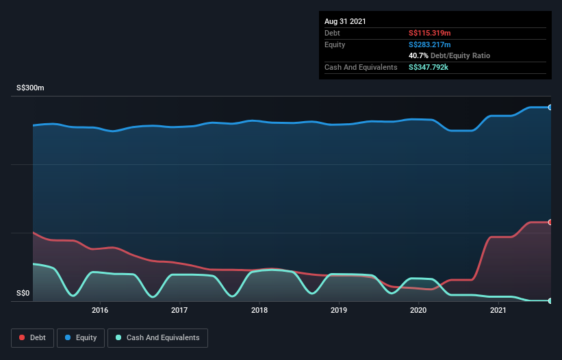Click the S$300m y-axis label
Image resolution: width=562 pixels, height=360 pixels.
tap(30, 88)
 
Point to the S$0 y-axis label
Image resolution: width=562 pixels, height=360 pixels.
tap(23, 294)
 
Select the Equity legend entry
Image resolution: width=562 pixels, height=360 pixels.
tap(81, 337)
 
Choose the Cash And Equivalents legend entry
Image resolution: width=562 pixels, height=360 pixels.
tap(157, 337)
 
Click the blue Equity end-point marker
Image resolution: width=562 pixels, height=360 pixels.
tap(550, 107)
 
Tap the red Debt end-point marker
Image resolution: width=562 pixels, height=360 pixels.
tap(550, 222)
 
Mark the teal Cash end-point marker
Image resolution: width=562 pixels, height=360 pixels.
tap(550, 300)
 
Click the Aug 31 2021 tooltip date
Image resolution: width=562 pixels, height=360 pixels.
tap(345, 21)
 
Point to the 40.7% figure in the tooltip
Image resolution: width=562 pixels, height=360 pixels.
tap(418, 55)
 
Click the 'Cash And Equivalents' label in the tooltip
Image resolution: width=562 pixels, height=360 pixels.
tap(361, 67)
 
